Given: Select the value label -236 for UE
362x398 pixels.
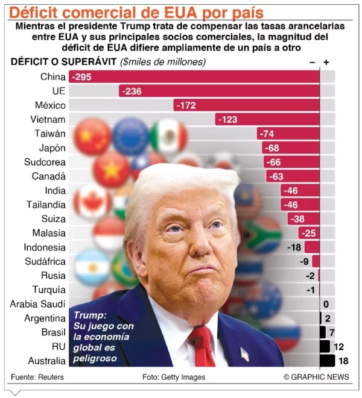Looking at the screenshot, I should coord(131,91).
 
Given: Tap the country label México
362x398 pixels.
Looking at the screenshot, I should coord(49,105).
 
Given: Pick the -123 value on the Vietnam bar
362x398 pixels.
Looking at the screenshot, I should coord(227,119).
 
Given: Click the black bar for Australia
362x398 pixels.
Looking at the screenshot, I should coord(327,361).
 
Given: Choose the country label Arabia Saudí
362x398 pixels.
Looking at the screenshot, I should coord(37,304).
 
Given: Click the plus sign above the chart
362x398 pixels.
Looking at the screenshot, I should coord(326,62).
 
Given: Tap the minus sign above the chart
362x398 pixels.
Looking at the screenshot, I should coord(312,62).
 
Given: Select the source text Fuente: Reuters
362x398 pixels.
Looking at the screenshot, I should coord(37,377).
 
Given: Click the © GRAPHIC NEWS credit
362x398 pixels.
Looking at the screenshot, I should coord(316,377).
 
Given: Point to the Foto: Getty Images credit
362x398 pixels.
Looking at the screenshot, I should coord(174,377).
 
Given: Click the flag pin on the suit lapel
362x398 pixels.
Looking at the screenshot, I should coord(244,354).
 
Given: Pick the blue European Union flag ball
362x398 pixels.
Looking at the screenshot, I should coord(130,135).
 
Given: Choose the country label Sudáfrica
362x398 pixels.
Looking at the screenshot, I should coord(45,261).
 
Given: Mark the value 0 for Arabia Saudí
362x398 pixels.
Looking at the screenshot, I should coord(326,304).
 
